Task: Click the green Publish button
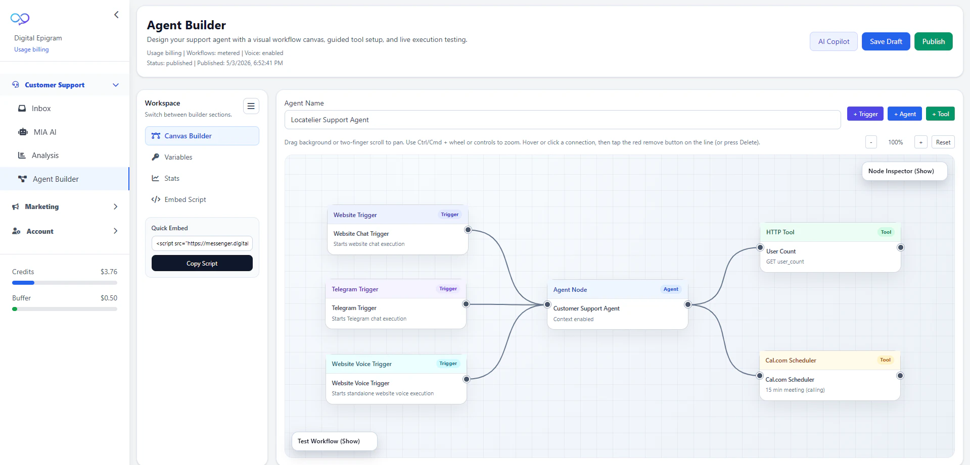933,41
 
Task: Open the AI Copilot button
834,41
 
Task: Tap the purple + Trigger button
865,114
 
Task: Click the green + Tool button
940,114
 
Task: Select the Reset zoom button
943,142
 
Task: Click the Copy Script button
202,263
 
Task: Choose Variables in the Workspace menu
178,157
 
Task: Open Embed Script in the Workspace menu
185,199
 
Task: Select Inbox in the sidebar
41,109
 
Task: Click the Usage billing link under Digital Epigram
31,49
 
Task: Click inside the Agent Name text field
562,120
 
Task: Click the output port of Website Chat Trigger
468,230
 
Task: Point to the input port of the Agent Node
547,304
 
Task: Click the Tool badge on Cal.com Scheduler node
885,360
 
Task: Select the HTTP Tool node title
780,232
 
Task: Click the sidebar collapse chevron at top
116,15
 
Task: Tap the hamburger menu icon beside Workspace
251,106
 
